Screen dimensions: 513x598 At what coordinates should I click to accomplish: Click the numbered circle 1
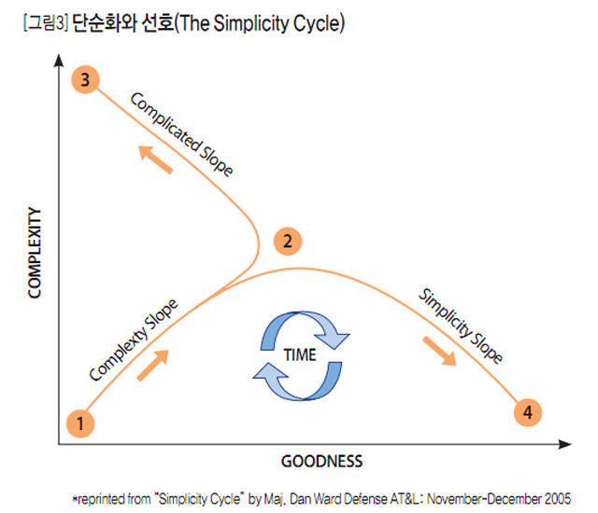[x=81, y=424]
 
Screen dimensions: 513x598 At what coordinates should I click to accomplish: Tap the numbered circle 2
[x=289, y=242]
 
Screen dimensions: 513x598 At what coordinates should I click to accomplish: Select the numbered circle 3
[x=85, y=80]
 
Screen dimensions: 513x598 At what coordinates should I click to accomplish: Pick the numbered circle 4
[x=529, y=411]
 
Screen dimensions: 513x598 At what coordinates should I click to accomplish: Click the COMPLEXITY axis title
[x=36, y=253]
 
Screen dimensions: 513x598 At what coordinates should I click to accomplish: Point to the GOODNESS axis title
[x=321, y=461]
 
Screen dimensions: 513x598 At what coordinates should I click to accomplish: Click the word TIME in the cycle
[x=300, y=354]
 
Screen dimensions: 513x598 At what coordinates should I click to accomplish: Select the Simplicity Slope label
[x=461, y=326]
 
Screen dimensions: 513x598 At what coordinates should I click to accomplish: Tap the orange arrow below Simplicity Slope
[x=440, y=350]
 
